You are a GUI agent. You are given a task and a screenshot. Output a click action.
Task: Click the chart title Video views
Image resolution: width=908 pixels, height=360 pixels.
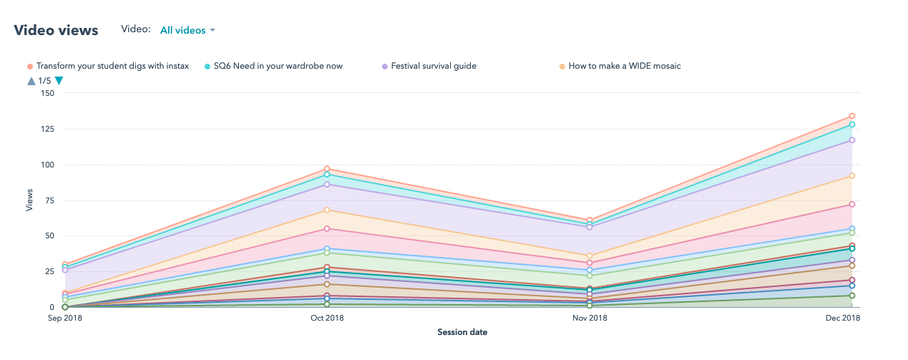pyautogui.click(x=56, y=30)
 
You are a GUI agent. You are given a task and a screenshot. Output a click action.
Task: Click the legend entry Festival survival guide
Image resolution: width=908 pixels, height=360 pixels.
pyautogui.click(x=434, y=66)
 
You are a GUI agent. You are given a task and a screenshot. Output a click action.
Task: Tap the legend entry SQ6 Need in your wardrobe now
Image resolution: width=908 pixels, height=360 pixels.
pyautogui.click(x=278, y=66)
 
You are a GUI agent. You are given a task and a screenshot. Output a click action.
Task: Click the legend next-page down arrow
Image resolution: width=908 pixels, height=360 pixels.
pyautogui.click(x=59, y=81)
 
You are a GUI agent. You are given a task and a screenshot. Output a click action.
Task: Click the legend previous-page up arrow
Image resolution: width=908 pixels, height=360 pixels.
pyautogui.click(x=31, y=81)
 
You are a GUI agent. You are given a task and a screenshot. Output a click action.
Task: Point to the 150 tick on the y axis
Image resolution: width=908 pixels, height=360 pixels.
pyautogui.click(x=47, y=93)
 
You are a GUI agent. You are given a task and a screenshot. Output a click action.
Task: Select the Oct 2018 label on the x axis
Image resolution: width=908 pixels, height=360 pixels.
pyautogui.click(x=327, y=318)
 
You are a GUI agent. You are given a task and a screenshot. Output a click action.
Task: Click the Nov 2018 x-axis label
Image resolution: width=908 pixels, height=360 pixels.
pyautogui.click(x=590, y=318)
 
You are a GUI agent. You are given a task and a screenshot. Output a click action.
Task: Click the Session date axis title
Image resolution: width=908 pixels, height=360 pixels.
pyautogui.click(x=462, y=332)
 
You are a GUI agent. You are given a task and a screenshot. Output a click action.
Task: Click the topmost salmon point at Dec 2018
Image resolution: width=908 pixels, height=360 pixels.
pyautogui.click(x=852, y=116)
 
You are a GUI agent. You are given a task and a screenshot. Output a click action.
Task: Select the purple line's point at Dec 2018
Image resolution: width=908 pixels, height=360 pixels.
pyautogui.click(x=852, y=140)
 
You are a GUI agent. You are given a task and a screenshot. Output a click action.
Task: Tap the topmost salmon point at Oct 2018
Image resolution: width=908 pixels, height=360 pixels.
pyautogui.click(x=327, y=170)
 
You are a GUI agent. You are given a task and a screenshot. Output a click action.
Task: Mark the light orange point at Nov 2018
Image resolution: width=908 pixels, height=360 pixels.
pyautogui.click(x=590, y=256)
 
